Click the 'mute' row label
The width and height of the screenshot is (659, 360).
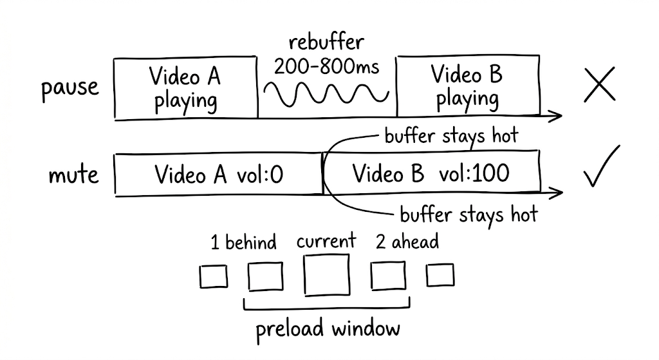(74, 175)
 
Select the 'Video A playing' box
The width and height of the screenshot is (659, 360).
(185, 88)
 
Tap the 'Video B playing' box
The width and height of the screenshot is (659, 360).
(467, 87)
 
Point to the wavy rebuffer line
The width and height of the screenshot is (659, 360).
(326, 94)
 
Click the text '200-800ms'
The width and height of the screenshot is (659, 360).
(326, 65)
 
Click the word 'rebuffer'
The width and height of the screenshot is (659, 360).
(326, 43)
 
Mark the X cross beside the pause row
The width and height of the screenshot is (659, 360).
(599, 86)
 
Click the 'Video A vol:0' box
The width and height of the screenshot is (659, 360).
(218, 174)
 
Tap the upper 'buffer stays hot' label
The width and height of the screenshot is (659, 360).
(450, 136)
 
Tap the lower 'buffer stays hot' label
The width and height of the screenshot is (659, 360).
(469, 214)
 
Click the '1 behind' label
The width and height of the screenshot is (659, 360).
(244, 243)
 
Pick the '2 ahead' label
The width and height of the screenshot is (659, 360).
(407, 242)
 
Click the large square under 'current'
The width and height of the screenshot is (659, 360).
(327, 275)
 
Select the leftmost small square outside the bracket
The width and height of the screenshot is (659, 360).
(213, 277)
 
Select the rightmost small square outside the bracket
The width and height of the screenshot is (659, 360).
(440, 276)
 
